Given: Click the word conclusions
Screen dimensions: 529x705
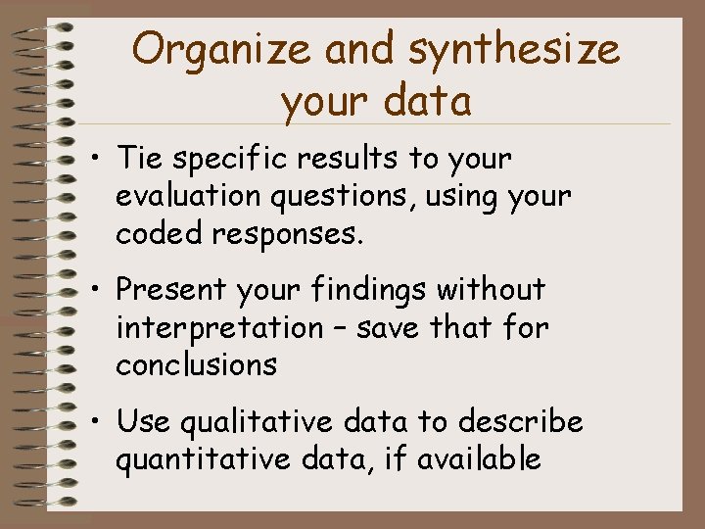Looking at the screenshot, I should pos(196,364).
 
